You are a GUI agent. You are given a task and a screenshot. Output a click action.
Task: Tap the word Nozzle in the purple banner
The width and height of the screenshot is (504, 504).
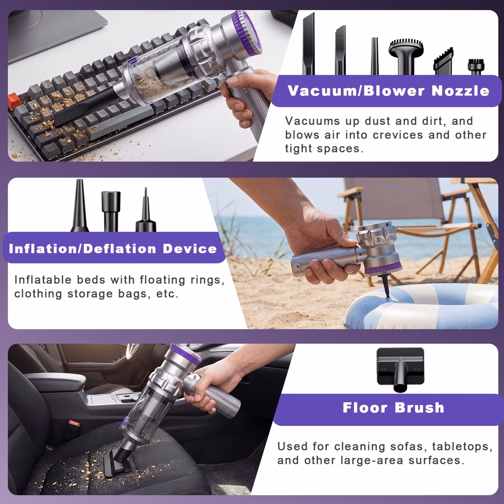click(x=460, y=91)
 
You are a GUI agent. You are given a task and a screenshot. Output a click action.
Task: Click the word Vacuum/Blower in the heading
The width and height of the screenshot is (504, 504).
click(x=356, y=91)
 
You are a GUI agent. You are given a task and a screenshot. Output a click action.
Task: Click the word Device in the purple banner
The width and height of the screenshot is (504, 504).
click(x=190, y=249)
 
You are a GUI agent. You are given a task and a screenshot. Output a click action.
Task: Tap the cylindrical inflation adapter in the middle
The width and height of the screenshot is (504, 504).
click(x=111, y=211)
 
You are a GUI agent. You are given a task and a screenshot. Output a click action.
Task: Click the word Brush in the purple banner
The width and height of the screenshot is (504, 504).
click(x=419, y=407)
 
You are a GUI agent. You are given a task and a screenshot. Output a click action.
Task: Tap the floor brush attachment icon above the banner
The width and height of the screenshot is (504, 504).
click(x=400, y=369)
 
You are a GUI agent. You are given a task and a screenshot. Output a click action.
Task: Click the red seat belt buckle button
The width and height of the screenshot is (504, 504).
click(x=74, y=423)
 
